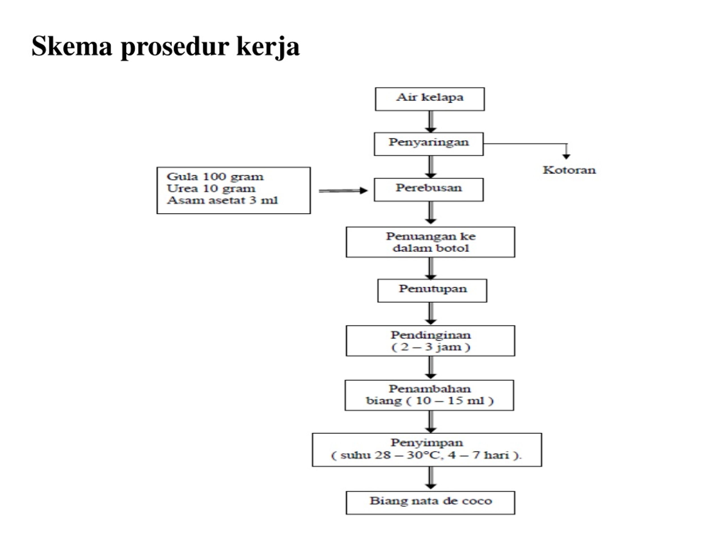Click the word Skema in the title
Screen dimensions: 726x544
[x=71, y=46]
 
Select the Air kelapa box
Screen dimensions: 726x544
[x=430, y=99]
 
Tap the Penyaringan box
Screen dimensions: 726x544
[x=429, y=144]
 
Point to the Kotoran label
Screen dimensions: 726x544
[x=569, y=170]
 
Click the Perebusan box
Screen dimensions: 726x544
[x=429, y=190]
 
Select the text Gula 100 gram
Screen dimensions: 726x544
[x=215, y=177]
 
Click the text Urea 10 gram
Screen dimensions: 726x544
[x=211, y=188]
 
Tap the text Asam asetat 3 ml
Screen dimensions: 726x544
[x=222, y=200]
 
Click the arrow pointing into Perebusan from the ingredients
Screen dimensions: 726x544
[x=343, y=190]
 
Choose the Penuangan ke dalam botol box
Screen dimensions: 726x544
[x=430, y=242]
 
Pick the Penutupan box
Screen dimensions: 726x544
[x=432, y=290]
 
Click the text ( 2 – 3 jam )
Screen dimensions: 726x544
[x=430, y=347]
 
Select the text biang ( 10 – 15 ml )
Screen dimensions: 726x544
[x=430, y=401]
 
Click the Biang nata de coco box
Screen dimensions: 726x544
[x=430, y=503]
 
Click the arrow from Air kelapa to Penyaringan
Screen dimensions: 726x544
[x=430, y=122]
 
